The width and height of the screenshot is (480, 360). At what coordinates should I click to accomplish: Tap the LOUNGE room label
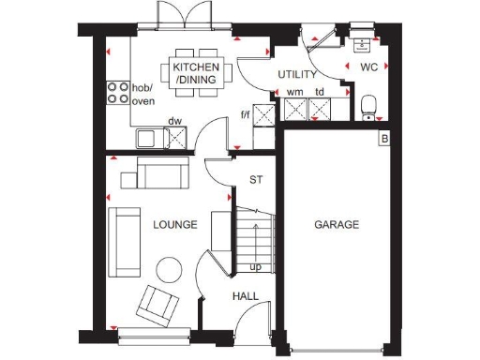click(x=174, y=225)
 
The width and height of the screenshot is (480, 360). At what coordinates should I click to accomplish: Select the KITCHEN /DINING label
click(x=195, y=74)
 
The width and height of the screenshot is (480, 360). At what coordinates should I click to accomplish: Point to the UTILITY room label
click(x=297, y=74)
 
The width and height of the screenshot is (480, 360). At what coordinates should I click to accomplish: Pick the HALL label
click(x=246, y=296)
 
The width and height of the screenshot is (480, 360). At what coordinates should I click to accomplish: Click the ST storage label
click(x=255, y=180)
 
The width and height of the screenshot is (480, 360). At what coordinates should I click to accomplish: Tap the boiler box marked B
click(x=383, y=140)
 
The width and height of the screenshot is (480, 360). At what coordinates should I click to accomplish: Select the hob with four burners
click(x=119, y=92)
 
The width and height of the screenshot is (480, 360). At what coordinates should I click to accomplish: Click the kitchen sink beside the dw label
click(x=148, y=139)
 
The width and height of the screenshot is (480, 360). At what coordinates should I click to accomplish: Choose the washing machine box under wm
click(x=295, y=112)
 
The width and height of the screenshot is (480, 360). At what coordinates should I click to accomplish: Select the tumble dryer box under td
click(x=321, y=112)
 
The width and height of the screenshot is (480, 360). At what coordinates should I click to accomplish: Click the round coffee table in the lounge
click(x=170, y=269)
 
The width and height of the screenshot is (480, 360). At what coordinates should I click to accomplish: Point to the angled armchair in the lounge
click(x=157, y=305)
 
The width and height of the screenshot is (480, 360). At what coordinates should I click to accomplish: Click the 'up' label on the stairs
click(x=255, y=267)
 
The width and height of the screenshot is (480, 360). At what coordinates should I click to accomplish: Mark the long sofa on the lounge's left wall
click(x=122, y=243)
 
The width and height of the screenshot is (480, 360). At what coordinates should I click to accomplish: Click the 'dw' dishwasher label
click(x=174, y=120)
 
